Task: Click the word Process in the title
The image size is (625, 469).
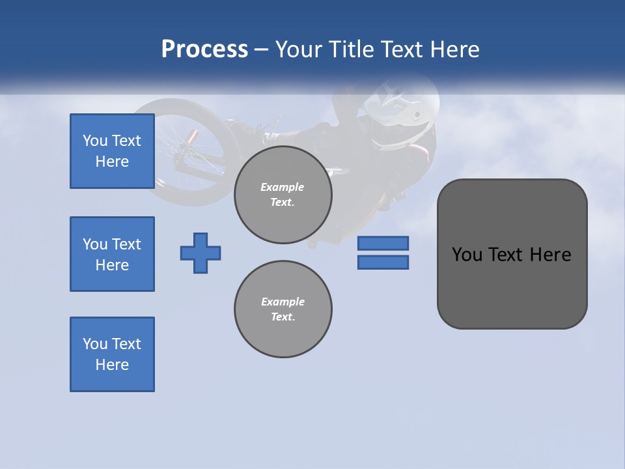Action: click(204, 50)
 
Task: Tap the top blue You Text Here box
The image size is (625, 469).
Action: click(112, 151)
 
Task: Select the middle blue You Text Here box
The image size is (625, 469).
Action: click(112, 254)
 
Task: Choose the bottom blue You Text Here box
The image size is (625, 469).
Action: click(112, 354)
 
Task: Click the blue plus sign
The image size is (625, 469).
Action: click(201, 253)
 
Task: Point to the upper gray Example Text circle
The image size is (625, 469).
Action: click(283, 195)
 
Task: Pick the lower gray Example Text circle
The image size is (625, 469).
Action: click(283, 309)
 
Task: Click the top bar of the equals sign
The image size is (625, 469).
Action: click(383, 244)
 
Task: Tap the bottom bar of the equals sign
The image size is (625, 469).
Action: click(383, 263)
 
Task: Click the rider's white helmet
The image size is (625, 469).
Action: click(397, 107)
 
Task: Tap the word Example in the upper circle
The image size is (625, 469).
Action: click(283, 187)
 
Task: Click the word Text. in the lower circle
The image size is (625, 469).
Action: click(283, 317)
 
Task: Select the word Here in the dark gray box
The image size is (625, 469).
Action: click(550, 255)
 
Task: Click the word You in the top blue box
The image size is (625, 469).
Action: click(94, 141)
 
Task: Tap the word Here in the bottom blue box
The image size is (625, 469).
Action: click(112, 365)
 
